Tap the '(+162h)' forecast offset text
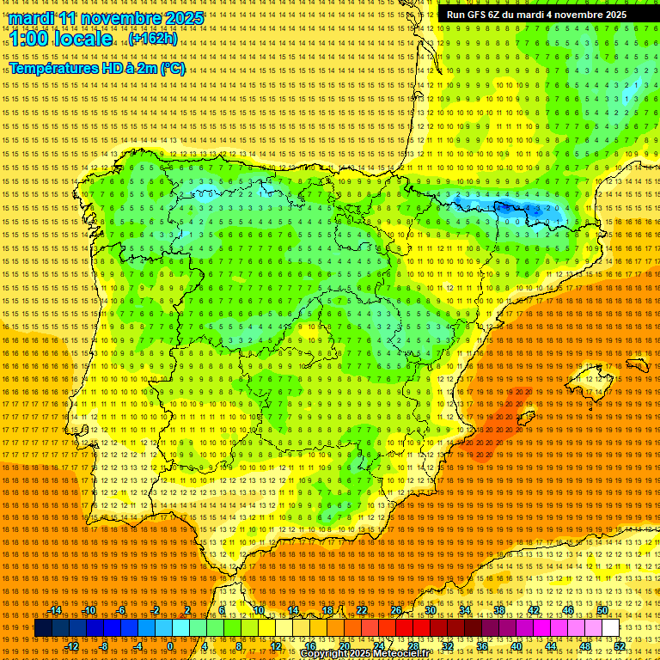[x=153, y=39]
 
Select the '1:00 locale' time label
[x=61, y=39]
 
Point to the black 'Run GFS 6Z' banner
[x=536, y=15]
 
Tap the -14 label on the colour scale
[x=56, y=610]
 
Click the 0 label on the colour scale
[x=170, y=645]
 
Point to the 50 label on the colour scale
[x=602, y=610]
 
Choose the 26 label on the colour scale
[x=396, y=610]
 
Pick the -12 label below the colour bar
[x=72, y=645]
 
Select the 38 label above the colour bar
[x=499, y=610]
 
